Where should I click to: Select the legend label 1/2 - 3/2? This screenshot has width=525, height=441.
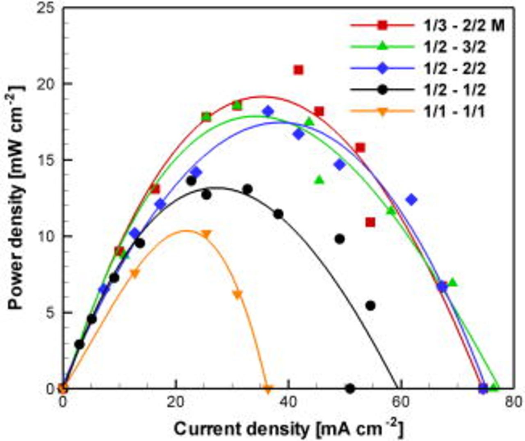click(454, 47)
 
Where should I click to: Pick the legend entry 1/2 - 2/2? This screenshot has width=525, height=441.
click(454, 68)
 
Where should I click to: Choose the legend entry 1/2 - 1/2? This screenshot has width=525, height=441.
click(454, 89)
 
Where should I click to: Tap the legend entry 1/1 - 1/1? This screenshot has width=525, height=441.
click(454, 111)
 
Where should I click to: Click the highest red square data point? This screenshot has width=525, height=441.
click(299, 70)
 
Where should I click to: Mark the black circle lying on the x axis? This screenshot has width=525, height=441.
click(350, 388)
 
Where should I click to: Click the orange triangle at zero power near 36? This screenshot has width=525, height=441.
click(268, 389)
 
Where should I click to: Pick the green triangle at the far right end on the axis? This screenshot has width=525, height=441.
click(495, 386)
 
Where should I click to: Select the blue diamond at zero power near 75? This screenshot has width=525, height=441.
click(484, 388)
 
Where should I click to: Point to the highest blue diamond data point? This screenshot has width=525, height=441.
click(268, 111)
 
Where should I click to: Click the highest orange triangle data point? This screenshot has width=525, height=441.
click(206, 234)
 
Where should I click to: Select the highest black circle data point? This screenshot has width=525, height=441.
click(191, 180)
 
